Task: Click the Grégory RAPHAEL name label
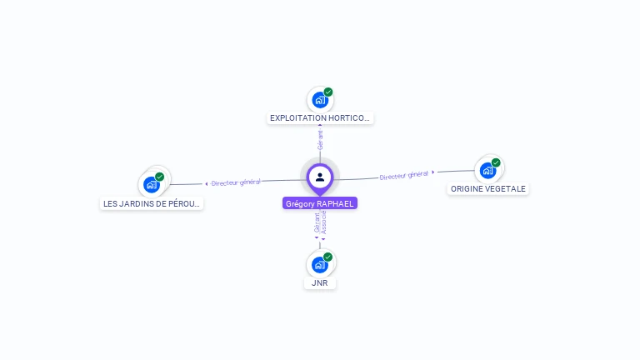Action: click(x=320, y=203)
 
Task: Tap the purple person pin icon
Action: click(x=320, y=177)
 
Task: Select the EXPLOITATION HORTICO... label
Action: click(x=320, y=118)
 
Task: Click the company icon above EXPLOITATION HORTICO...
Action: click(x=319, y=100)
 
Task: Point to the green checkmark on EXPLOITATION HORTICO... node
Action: click(x=328, y=92)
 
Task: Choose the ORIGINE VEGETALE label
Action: click(x=488, y=188)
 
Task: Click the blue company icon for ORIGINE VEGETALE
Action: click(x=487, y=171)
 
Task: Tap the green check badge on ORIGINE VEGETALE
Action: click(x=496, y=162)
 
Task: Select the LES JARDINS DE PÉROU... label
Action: click(x=152, y=203)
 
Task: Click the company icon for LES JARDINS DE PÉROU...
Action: click(x=151, y=185)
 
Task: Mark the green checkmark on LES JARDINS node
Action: click(x=159, y=177)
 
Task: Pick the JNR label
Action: click(x=320, y=282)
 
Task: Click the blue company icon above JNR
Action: click(x=319, y=265)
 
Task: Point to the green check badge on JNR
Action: click(x=328, y=257)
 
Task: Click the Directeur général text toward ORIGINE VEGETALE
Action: click(x=403, y=175)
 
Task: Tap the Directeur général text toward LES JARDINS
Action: click(x=236, y=182)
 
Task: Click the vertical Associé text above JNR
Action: click(x=324, y=222)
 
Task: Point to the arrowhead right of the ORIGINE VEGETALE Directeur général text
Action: click(x=433, y=172)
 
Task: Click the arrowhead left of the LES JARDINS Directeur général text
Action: click(x=206, y=183)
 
